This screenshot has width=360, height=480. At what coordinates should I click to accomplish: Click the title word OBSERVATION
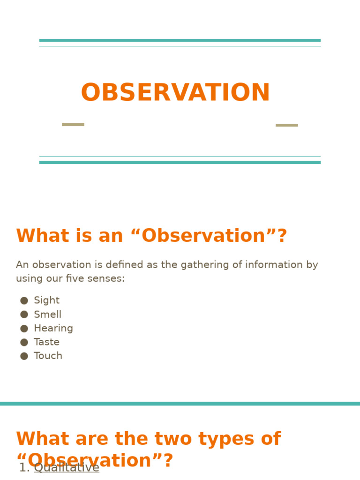(175, 93)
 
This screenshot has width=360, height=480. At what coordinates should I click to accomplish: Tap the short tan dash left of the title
(73, 125)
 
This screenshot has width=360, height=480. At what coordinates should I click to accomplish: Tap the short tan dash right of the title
(286, 125)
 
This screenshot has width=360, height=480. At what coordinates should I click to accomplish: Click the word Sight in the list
(46, 300)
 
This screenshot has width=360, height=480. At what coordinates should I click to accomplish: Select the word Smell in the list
(47, 315)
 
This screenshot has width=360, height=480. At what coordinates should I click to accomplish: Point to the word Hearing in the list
(53, 328)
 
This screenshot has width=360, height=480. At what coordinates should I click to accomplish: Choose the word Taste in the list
(46, 342)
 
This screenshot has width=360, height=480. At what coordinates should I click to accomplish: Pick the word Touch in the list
(48, 356)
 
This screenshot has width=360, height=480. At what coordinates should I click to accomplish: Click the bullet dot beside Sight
(24, 300)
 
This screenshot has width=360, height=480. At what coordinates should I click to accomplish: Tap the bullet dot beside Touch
(24, 356)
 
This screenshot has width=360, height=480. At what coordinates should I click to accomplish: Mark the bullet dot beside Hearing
(24, 328)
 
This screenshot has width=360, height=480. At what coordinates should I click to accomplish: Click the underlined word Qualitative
(67, 468)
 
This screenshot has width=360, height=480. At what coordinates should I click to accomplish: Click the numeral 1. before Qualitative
(24, 468)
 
